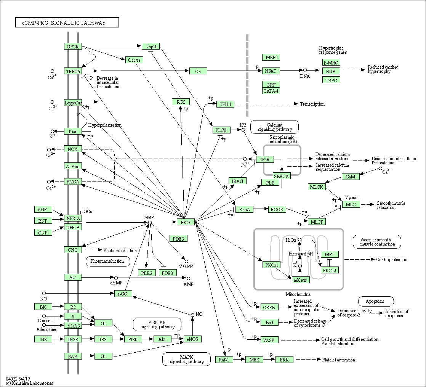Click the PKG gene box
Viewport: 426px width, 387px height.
[186, 222]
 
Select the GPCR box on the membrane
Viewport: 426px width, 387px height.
[73, 47]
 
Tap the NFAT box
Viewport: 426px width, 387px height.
[271, 71]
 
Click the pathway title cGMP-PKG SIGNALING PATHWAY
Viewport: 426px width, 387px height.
[67, 23]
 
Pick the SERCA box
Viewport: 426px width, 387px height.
[282, 176]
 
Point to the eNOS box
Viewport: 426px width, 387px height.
[192, 339]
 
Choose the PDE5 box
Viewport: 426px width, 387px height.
[178, 239]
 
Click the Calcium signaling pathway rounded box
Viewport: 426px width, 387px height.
[274, 127]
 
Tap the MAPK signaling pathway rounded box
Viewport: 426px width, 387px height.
[187, 359]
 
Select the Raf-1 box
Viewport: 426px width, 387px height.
[224, 360]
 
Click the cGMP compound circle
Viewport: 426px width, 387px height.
[150, 222]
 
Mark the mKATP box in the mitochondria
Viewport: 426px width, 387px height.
[301, 280]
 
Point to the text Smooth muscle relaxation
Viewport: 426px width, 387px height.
[391, 205]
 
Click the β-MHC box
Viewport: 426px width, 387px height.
[330, 63]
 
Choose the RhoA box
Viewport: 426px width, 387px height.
[244, 209]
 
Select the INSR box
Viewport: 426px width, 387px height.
[73, 339]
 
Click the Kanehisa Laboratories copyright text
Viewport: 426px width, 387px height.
[29, 383]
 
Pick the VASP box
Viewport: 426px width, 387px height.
[269, 340]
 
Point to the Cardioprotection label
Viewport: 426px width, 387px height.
[391, 260]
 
